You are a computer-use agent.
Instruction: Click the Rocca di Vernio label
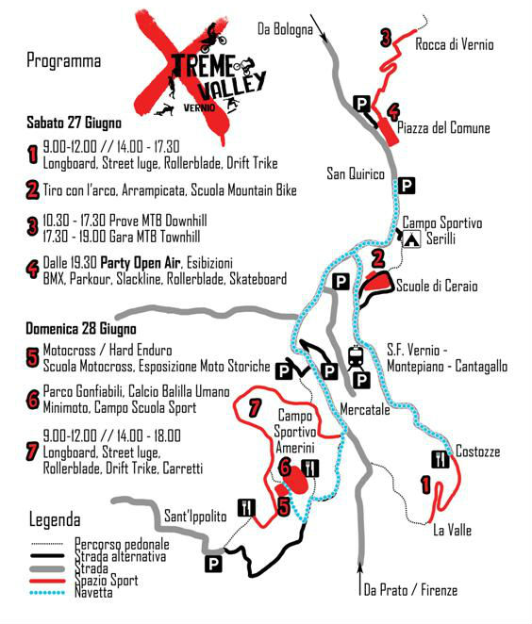click(x=454, y=44)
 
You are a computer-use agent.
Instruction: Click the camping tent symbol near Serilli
click(x=411, y=239)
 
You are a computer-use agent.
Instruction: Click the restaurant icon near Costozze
click(x=440, y=459)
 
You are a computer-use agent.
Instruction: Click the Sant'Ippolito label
click(x=196, y=517)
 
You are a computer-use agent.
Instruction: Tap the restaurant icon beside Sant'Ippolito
click(x=247, y=507)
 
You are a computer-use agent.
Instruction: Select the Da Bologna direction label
click(x=284, y=30)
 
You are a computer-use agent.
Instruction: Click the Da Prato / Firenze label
click(x=410, y=590)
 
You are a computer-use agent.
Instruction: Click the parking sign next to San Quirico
click(x=407, y=185)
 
